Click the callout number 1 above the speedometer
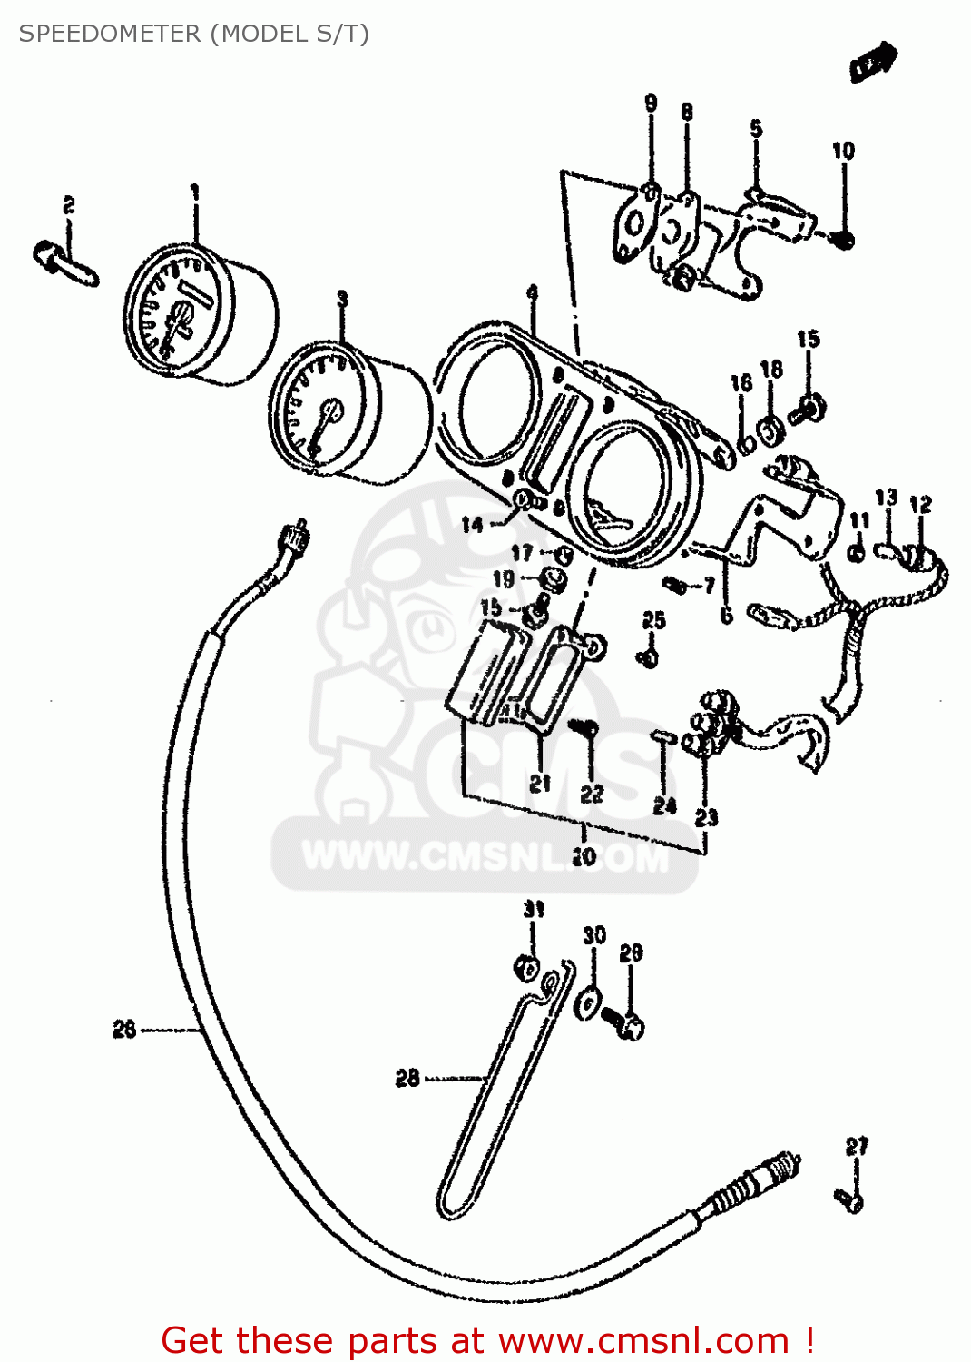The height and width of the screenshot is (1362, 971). point(194,192)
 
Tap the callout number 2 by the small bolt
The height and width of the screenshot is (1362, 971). point(69,206)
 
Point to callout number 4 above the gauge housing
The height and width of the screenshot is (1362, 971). point(533,292)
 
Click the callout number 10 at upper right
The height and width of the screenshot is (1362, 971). point(843,151)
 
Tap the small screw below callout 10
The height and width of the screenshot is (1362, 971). point(843,240)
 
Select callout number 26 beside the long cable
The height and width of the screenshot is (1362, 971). point(124,1029)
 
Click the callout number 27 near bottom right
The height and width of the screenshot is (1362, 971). point(857,1146)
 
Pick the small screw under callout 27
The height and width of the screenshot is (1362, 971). point(851,1200)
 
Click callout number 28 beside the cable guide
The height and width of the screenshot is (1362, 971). point(407,1078)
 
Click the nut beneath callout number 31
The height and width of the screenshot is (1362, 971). point(527,967)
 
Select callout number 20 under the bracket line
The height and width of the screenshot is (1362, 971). point(584,855)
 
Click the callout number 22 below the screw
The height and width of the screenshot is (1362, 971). point(592,794)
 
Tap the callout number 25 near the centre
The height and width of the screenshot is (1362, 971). point(653,620)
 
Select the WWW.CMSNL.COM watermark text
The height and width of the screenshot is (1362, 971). point(485,857)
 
